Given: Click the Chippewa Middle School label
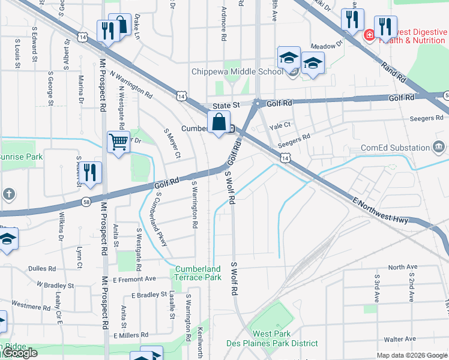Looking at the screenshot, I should (x=237, y=72).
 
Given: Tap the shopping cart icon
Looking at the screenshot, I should (x=118, y=142).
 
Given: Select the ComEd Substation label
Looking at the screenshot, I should (x=396, y=148).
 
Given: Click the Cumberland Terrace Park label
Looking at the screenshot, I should (x=198, y=273).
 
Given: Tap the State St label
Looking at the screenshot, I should (x=223, y=104).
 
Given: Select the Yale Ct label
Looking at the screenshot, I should (x=280, y=125).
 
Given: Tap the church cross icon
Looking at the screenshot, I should (x=8, y=194).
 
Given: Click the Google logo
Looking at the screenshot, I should (x=20, y=353).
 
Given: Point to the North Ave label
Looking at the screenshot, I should (x=402, y=267).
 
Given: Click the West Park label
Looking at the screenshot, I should (x=272, y=334).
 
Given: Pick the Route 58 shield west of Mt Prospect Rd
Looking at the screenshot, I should (x=87, y=202).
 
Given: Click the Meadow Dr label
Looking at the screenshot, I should (x=327, y=44).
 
